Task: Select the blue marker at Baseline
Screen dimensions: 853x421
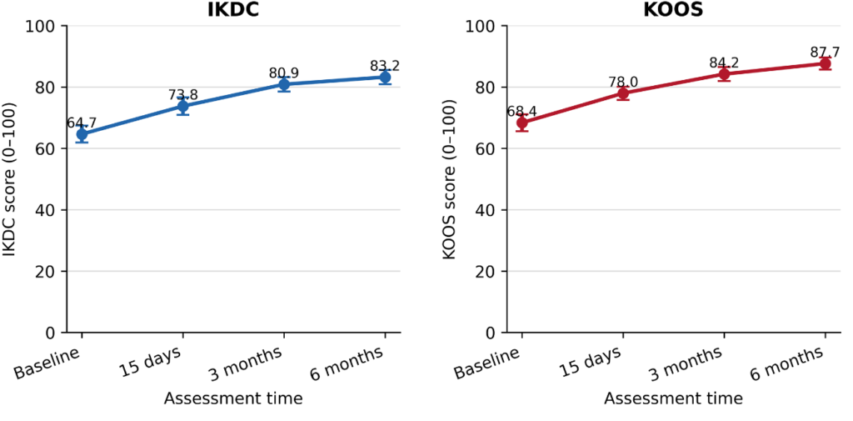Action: point(82,134)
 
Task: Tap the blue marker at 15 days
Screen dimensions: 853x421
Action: point(182,106)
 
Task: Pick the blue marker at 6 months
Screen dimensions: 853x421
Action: point(385,78)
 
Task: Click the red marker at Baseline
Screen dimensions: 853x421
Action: point(522,123)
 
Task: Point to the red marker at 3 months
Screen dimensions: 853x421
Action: point(724,74)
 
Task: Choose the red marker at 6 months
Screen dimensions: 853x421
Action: point(825,63)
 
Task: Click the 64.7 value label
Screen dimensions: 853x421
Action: point(82,123)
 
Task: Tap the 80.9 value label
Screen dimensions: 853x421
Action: point(284,73)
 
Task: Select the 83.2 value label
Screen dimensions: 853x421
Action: point(385,66)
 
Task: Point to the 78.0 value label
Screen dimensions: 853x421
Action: point(623,82)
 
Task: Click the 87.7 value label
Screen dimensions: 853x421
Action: point(825,53)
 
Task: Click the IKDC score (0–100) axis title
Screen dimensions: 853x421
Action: point(9,179)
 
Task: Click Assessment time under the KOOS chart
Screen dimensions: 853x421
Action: point(673,398)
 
